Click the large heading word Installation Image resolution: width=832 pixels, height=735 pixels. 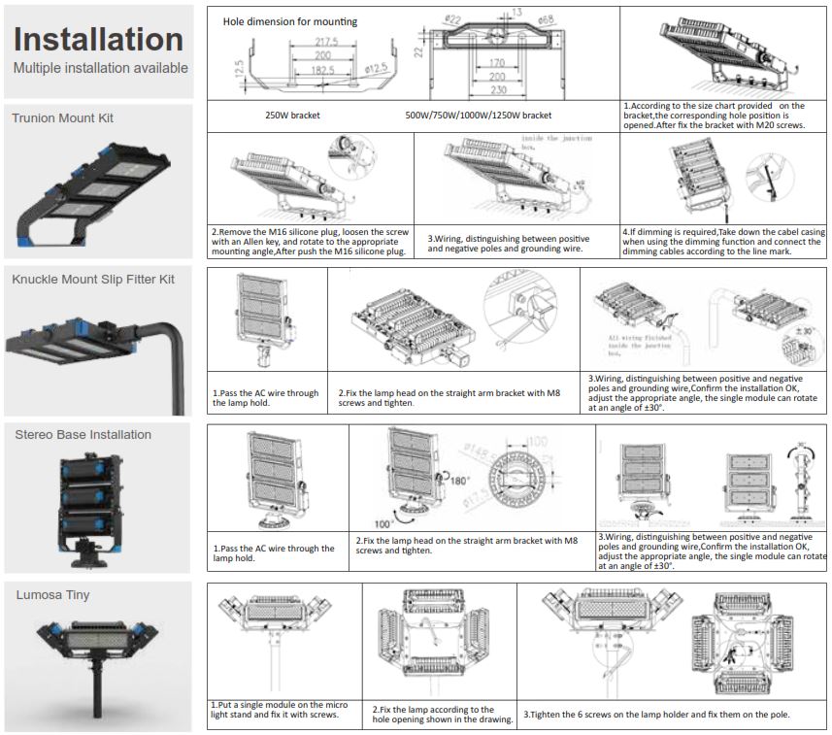click(x=98, y=40)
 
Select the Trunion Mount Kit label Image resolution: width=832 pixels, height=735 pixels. click(x=63, y=118)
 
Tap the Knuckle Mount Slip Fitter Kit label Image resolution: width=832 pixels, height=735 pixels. click(x=93, y=280)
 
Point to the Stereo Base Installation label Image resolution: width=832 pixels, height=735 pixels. click(x=83, y=435)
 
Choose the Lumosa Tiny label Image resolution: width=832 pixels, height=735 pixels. click(x=52, y=594)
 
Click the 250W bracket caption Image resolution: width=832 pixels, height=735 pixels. click(x=292, y=115)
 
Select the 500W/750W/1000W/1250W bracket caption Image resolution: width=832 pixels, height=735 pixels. click(x=478, y=115)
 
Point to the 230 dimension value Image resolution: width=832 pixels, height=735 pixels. click(x=497, y=89)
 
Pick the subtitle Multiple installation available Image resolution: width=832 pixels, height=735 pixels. click(x=101, y=69)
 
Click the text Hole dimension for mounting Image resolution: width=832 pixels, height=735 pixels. click(x=289, y=21)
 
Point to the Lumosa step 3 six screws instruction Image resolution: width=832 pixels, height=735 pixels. click(x=657, y=716)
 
